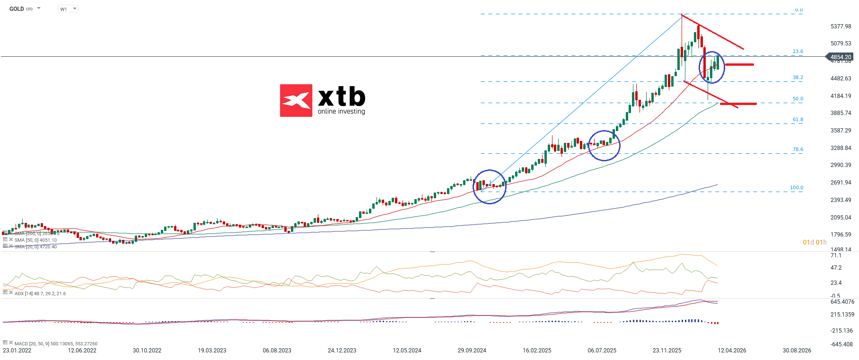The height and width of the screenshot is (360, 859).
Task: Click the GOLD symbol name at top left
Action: (x=17, y=9)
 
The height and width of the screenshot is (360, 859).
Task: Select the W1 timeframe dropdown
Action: (x=68, y=9)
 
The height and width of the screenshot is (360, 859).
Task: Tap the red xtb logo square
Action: (x=296, y=100)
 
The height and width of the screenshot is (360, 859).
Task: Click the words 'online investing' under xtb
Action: (x=341, y=112)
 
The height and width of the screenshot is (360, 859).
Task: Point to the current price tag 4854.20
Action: (x=841, y=57)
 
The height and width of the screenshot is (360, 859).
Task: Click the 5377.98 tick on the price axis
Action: (x=841, y=26)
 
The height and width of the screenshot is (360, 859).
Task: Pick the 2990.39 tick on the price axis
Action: (x=841, y=165)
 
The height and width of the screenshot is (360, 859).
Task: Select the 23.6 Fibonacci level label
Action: (x=798, y=52)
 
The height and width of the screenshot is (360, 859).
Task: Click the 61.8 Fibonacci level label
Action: (x=798, y=120)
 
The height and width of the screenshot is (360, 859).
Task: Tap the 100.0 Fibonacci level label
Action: (x=797, y=188)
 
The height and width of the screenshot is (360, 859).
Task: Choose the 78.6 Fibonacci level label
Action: (x=798, y=149)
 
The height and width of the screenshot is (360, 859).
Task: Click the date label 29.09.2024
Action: (x=472, y=351)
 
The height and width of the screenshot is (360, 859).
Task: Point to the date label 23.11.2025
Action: (x=667, y=351)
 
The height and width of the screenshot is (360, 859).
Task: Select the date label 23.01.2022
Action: (x=17, y=351)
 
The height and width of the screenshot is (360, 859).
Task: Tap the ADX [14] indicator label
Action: (x=40, y=294)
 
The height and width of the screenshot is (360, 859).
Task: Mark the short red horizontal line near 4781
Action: (x=739, y=64)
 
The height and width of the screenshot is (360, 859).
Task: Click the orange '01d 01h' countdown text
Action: (x=815, y=242)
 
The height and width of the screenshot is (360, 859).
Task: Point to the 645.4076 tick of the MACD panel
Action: (x=842, y=302)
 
